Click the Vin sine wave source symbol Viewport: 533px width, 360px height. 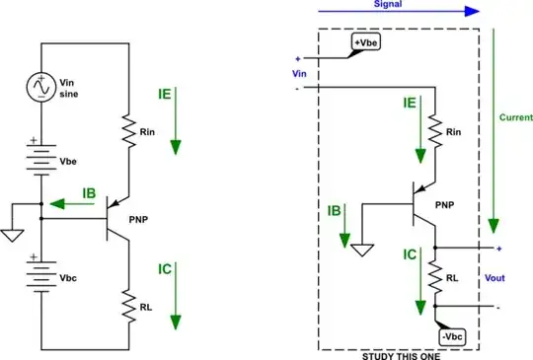(x=41, y=88)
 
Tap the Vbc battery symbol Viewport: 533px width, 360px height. (x=41, y=278)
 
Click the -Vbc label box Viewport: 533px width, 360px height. (x=452, y=336)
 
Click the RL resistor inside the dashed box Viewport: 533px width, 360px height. (x=433, y=279)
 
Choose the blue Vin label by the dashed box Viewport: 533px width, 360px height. (x=300, y=73)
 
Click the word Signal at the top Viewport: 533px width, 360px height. (x=388, y=4)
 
